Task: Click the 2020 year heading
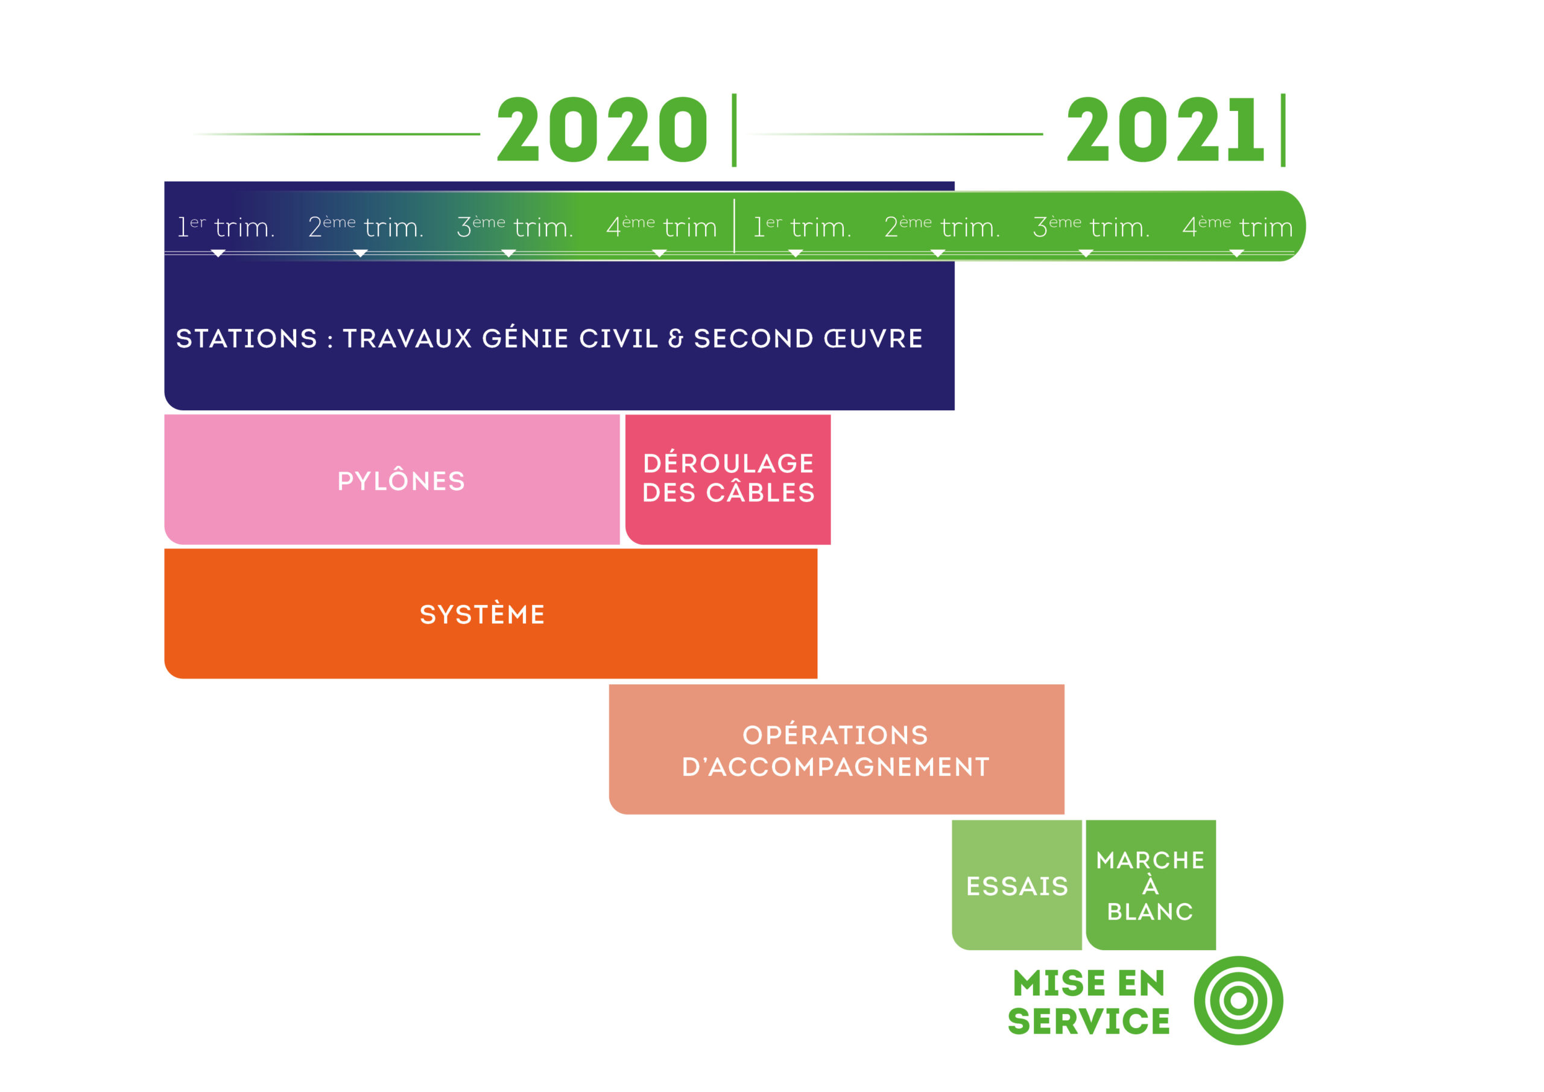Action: click(x=602, y=129)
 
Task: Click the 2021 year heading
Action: click(x=1165, y=129)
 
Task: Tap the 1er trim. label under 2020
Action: click(x=226, y=227)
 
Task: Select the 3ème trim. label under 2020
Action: click(x=515, y=227)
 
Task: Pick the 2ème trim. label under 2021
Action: click(x=942, y=227)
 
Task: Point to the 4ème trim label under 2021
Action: click(x=1238, y=227)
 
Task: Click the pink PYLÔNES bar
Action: click(x=392, y=480)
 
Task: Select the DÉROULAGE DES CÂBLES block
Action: click(x=729, y=480)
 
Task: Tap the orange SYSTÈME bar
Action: click(x=491, y=614)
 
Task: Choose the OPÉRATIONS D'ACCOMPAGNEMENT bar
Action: click(x=837, y=749)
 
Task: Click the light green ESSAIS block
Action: click(x=1017, y=885)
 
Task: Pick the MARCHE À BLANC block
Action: click(x=1151, y=885)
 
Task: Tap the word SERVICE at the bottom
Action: click(x=1089, y=1021)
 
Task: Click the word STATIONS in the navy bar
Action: click(x=247, y=338)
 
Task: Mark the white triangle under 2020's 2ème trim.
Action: click(x=361, y=253)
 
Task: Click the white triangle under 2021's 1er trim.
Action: click(x=796, y=253)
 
